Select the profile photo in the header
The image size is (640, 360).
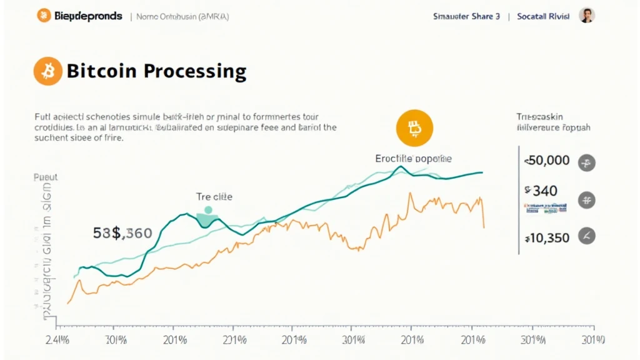[x=586, y=16]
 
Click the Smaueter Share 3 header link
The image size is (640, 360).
[x=466, y=17]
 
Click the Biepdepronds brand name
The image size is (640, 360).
[x=87, y=16]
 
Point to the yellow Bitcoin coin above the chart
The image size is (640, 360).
[x=414, y=129]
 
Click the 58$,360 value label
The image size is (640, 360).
[x=122, y=234]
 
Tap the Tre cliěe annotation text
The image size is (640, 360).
[x=214, y=196]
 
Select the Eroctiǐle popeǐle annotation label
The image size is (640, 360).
[x=413, y=159]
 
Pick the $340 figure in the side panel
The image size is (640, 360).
[x=541, y=191]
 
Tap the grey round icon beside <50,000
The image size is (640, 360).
[x=587, y=163]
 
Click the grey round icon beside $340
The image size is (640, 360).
[x=587, y=200]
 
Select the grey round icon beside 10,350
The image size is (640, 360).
[x=587, y=236]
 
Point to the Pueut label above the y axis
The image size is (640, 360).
[x=46, y=177]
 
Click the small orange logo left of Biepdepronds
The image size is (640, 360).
[x=42, y=16]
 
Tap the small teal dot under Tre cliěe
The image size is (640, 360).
[x=208, y=210]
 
